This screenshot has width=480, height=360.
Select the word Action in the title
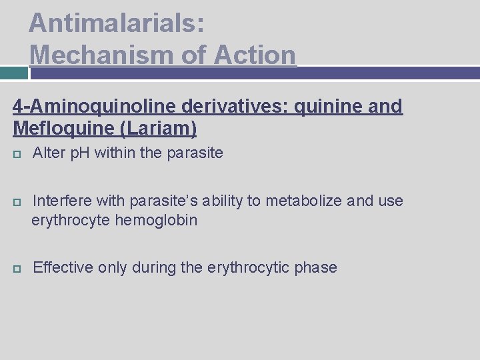255,54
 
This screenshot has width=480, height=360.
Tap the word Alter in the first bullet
48,153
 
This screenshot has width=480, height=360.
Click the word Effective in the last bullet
63,268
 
